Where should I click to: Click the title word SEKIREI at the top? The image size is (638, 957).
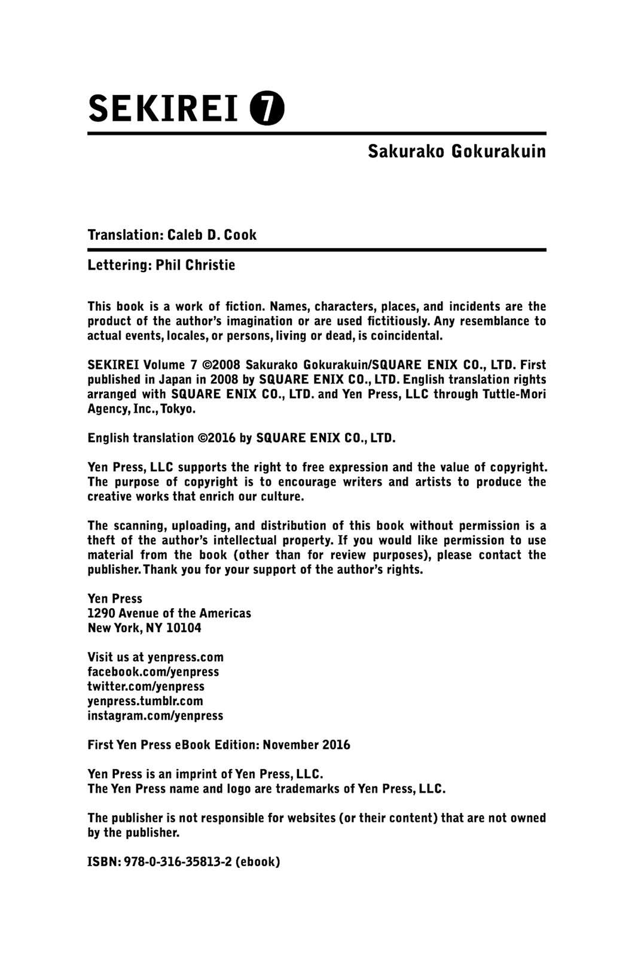click(163, 109)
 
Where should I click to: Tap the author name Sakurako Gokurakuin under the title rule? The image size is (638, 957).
click(456, 151)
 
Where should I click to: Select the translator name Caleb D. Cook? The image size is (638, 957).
click(212, 234)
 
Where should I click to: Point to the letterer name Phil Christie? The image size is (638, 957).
click(196, 265)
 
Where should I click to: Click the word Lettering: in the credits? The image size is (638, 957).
click(120, 265)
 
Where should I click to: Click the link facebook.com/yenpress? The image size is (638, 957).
click(153, 672)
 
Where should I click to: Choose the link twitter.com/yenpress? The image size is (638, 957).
click(146, 686)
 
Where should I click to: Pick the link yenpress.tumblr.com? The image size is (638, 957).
click(145, 701)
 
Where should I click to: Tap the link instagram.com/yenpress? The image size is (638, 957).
click(155, 715)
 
